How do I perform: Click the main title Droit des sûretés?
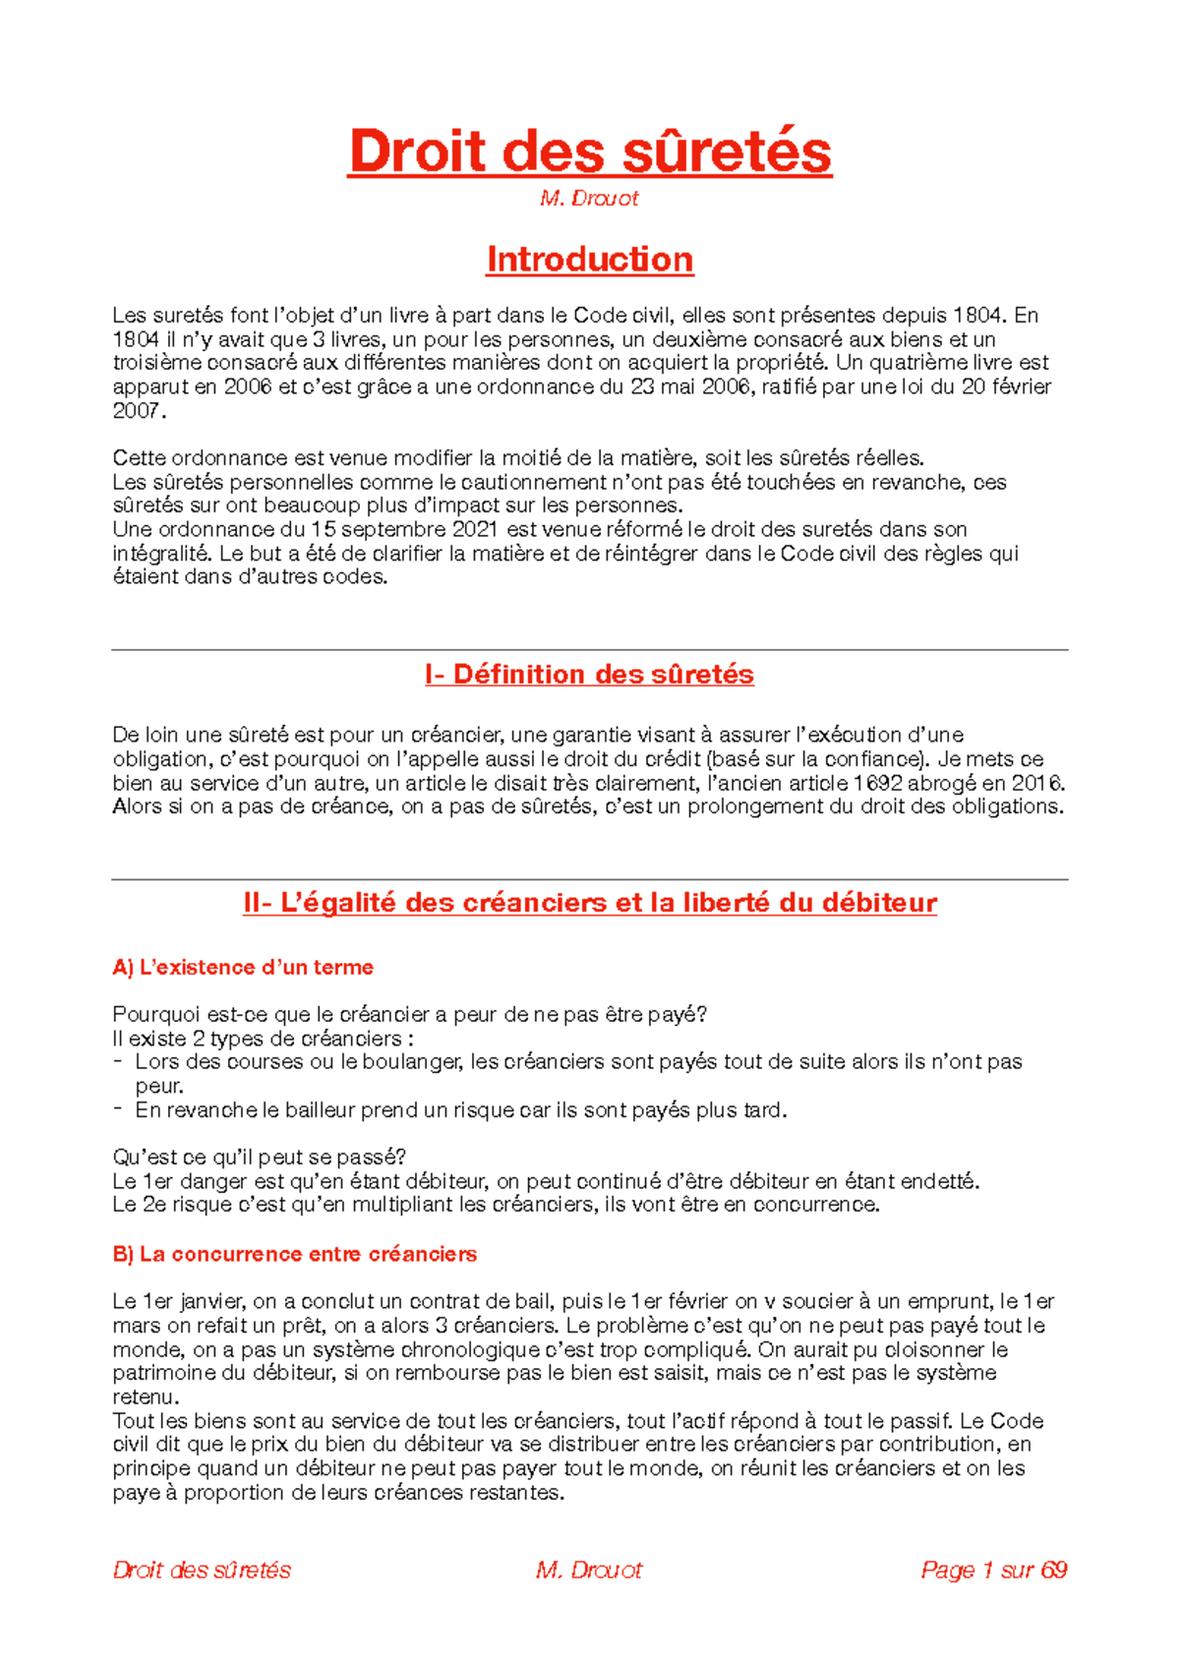coord(589,152)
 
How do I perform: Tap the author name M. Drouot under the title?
coord(589,199)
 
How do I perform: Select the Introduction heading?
coord(589,260)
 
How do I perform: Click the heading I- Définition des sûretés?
coord(589,675)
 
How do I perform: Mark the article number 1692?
coord(874,783)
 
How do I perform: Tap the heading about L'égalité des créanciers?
coord(589,903)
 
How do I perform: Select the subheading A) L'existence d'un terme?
coord(243,968)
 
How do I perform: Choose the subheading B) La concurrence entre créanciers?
coord(294,1254)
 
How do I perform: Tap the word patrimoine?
coord(162,1373)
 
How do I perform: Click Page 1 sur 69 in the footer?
coord(993,1570)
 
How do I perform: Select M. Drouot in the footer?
coord(589,1570)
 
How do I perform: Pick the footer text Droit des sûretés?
coord(202,1570)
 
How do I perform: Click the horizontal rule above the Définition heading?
coord(589,650)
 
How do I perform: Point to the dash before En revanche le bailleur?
coord(118,1108)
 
